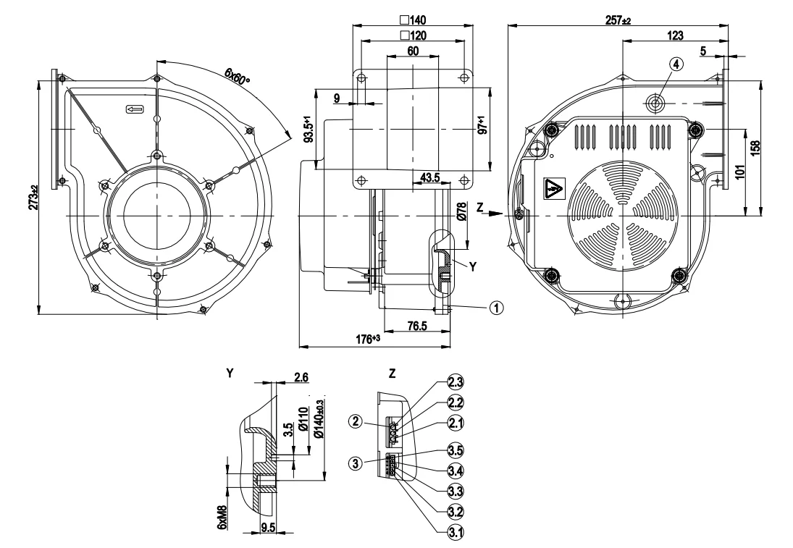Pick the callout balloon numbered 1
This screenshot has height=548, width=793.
(x=496, y=308)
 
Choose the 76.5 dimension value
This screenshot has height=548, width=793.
(x=416, y=326)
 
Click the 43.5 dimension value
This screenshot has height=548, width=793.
(x=430, y=177)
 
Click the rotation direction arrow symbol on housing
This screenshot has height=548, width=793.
(x=135, y=109)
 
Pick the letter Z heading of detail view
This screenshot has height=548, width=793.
(x=392, y=374)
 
